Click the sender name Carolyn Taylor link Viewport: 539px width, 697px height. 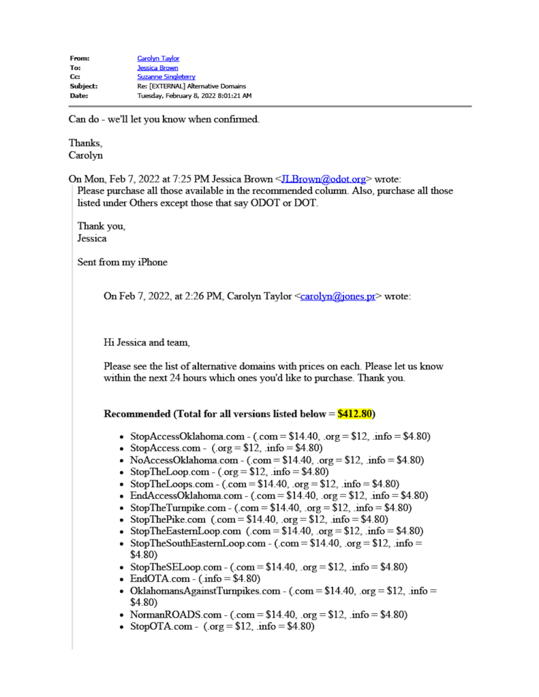(x=158, y=59)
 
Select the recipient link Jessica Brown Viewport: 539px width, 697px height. (x=157, y=68)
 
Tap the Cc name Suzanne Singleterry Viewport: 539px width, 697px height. (x=166, y=77)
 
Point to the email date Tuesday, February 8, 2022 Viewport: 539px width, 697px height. (x=194, y=95)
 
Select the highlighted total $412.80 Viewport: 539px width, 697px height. (x=355, y=414)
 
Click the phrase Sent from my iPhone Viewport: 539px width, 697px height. (x=122, y=262)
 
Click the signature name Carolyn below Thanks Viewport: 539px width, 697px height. (x=86, y=155)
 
